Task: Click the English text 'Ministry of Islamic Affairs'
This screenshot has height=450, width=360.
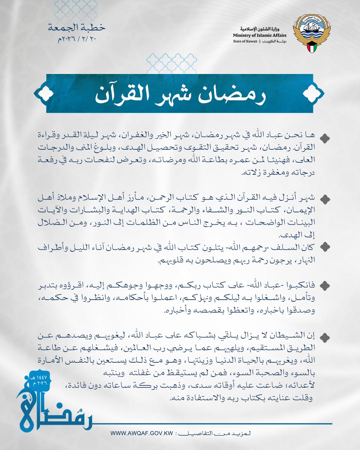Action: click(x=260, y=35)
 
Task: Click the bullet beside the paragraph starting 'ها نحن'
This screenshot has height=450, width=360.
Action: click(x=325, y=138)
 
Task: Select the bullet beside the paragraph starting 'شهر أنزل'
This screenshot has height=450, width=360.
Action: click(x=325, y=199)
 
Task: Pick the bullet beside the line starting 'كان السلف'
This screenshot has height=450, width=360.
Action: click(x=325, y=247)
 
